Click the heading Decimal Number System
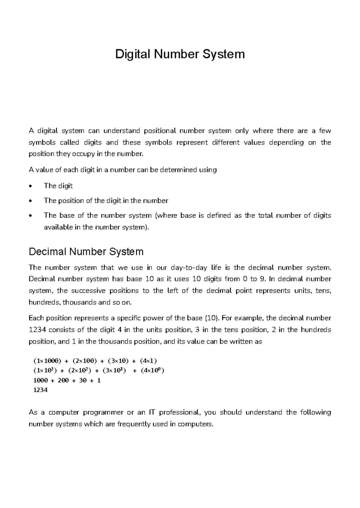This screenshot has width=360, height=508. [x=86, y=251]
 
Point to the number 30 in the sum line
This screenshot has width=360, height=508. [x=82, y=380]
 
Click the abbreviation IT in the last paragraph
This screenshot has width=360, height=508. [x=152, y=412]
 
